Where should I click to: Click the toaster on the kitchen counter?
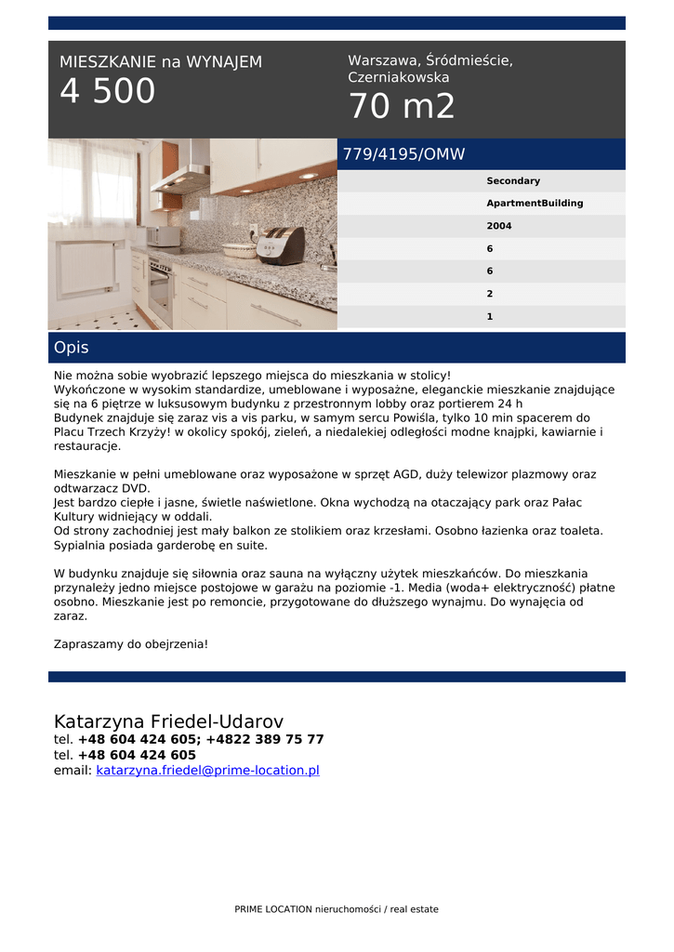click(280, 245)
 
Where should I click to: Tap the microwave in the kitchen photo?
click(164, 235)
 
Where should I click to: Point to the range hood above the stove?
click(183, 177)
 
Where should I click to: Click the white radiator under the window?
click(86, 268)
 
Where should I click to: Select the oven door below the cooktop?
click(159, 292)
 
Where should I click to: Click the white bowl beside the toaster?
click(239, 249)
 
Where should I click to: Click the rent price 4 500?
click(108, 91)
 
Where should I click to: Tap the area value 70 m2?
click(402, 107)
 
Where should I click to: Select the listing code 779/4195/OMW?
click(403, 154)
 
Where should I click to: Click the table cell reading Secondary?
click(513, 181)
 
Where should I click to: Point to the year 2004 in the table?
click(499, 226)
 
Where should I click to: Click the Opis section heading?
click(72, 348)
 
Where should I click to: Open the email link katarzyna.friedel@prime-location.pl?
click(207, 770)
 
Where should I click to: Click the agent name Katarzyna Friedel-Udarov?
click(168, 721)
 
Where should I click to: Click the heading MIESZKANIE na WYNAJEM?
click(161, 62)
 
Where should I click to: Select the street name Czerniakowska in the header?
click(399, 77)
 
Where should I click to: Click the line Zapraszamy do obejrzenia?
click(131, 642)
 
